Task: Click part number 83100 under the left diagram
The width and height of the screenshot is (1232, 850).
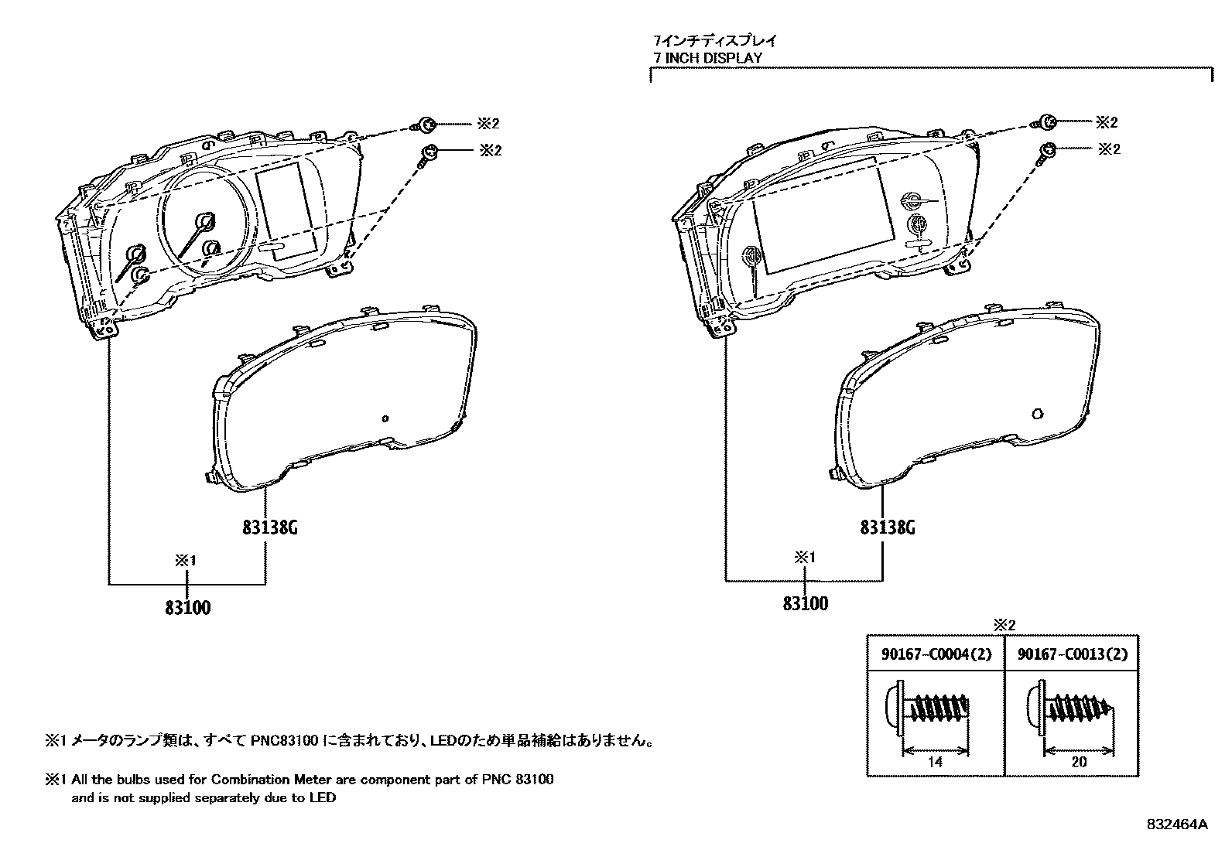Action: (187, 607)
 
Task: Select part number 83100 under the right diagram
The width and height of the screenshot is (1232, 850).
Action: (805, 603)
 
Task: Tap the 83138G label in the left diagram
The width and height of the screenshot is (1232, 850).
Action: (269, 528)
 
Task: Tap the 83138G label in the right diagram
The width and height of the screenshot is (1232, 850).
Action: (888, 527)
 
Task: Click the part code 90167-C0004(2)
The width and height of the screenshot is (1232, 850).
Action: (936, 654)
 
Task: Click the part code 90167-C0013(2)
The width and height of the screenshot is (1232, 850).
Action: (1072, 654)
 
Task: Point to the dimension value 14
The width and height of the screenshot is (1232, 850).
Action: (935, 762)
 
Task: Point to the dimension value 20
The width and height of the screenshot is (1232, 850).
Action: (1079, 762)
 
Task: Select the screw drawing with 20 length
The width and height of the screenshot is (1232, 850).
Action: (1072, 710)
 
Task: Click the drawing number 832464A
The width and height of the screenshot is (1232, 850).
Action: (1176, 824)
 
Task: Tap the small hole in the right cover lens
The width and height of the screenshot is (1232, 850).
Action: (1038, 413)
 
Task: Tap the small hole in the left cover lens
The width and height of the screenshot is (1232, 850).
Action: (385, 418)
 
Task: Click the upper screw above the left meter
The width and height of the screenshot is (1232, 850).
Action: (426, 124)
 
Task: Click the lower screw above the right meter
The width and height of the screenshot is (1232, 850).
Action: (1045, 151)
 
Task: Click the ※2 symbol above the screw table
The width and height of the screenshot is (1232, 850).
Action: (1003, 624)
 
